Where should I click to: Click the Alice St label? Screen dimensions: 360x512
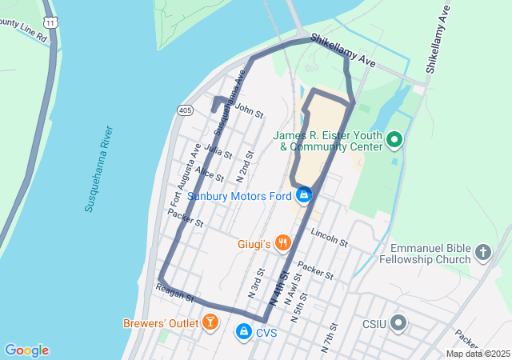[210, 174]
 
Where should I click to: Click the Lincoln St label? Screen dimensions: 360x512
[330, 238]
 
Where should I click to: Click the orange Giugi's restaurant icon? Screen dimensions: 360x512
[282, 242]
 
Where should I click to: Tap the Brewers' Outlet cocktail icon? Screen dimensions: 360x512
[210, 323]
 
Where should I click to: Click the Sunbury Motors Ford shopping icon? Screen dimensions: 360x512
[303, 195]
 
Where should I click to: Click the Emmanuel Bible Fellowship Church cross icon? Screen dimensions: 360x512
[482, 253]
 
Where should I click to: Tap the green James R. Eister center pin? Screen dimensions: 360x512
[394, 141]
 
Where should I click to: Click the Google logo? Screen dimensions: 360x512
[26, 350]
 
